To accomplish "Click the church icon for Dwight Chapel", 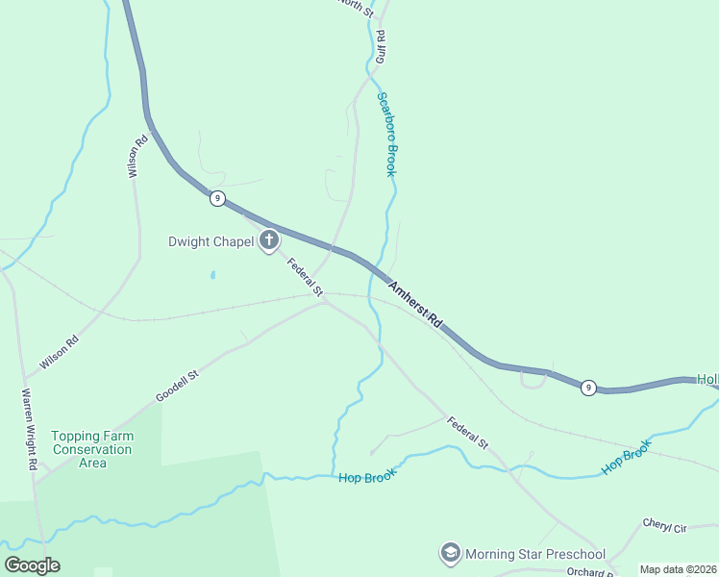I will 270,240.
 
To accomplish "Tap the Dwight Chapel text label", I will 211,241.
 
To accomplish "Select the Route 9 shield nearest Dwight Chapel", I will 218,198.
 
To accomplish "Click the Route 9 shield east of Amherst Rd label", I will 589,387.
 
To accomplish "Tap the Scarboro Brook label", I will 385,135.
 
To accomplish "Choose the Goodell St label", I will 177,385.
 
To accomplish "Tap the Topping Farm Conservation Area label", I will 92,449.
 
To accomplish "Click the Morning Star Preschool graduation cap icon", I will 450,553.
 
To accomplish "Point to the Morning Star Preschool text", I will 535,554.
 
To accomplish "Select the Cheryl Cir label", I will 666,528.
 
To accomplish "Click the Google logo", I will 32,565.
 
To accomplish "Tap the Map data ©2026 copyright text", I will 678,569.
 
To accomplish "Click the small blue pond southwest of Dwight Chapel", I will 212,275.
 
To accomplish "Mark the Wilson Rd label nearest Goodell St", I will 60,354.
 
